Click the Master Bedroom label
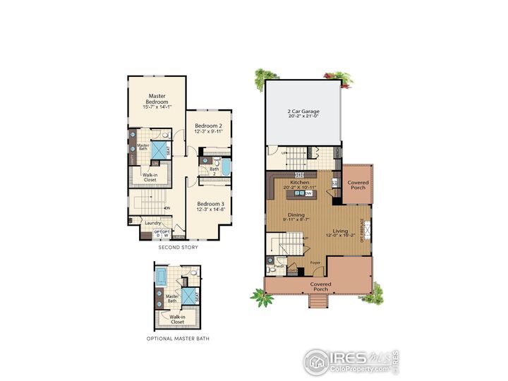(x=156, y=99)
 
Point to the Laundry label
(x=153, y=224)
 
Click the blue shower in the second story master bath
(x=161, y=148)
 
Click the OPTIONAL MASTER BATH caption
(x=178, y=339)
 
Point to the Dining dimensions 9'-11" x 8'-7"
(x=296, y=221)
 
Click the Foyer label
(x=315, y=262)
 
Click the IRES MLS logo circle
(x=317, y=362)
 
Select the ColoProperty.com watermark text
(x=358, y=368)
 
